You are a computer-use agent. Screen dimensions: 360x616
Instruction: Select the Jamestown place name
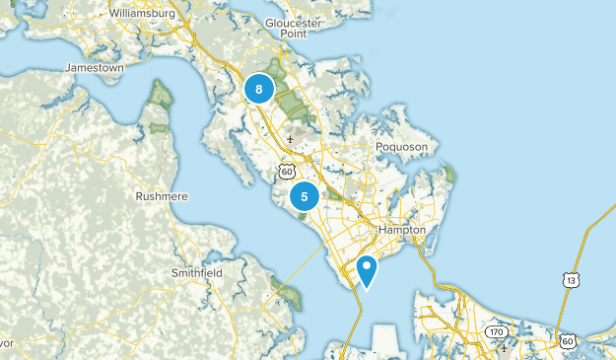(94, 68)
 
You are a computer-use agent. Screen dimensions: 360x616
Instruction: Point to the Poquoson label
(401, 146)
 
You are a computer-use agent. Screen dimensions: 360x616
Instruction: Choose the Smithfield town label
(197, 272)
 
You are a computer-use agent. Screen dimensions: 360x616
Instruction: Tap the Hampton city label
(401, 229)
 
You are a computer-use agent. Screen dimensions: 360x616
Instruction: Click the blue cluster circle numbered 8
(258, 90)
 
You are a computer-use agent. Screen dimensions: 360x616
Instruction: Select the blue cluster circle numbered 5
(304, 196)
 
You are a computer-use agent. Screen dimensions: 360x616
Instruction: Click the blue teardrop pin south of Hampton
(367, 268)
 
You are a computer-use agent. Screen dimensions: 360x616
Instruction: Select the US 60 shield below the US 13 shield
(567, 341)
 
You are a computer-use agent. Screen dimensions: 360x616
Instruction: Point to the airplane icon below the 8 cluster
(290, 139)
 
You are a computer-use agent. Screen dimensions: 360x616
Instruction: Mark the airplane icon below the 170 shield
(505, 347)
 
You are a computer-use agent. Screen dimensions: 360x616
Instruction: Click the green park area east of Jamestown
(161, 95)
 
